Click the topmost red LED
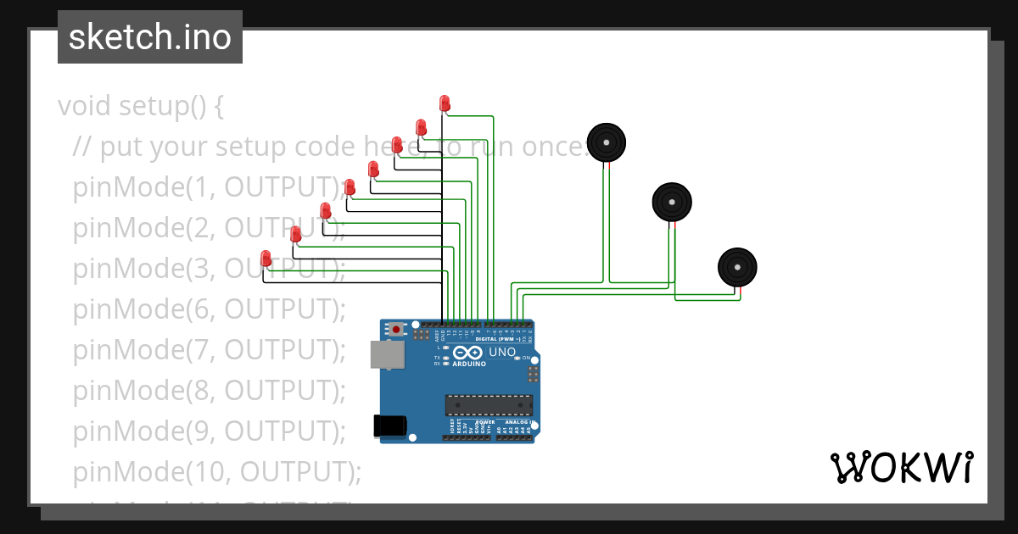click(445, 103)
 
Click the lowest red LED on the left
click(266, 258)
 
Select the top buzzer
click(607, 142)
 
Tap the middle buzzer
click(671, 202)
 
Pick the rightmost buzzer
click(737, 267)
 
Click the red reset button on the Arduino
click(396, 329)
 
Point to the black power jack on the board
click(390, 426)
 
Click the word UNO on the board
click(502, 352)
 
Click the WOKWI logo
click(901, 467)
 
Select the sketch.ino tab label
click(150, 37)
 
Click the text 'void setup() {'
click(141, 106)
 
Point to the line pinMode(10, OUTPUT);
click(217, 470)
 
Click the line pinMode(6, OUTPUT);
click(210, 309)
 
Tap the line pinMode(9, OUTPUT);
click(210, 431)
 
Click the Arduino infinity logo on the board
click(468, 353)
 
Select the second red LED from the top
click(421, 127)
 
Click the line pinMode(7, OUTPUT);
click(210, 349)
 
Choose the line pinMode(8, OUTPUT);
click(210, 390)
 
